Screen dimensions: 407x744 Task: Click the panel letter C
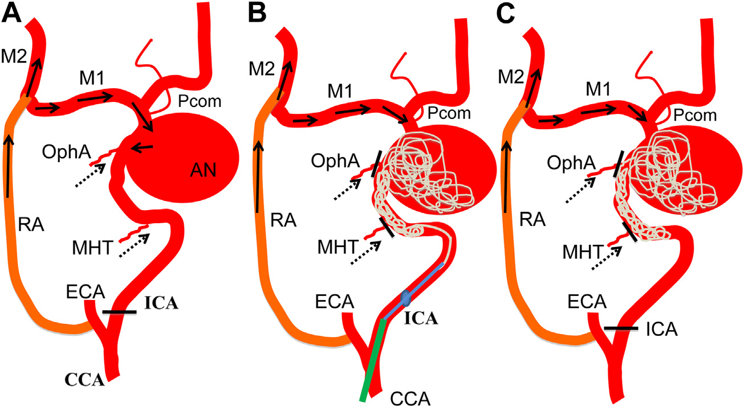[505, 13]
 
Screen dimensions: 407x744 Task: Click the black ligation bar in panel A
[120, 312]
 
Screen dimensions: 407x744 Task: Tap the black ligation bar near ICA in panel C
[622, 328]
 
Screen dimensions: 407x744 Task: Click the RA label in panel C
[532, 224]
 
